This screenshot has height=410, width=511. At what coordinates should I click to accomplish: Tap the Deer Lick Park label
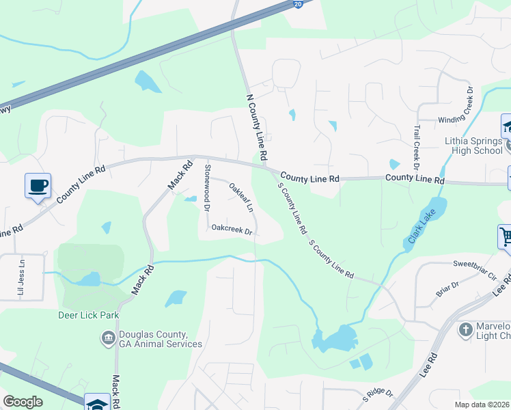tap(89, 315)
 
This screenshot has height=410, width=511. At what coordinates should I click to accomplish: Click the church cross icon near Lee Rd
tap(465, 330)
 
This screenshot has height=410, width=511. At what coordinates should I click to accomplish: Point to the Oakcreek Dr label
tap(232, 230)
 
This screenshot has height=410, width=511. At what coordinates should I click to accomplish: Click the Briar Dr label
tap(447, 288)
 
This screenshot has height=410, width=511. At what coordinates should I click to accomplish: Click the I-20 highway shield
tap(299, 4)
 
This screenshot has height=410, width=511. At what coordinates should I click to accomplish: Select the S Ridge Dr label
tap(378, 393)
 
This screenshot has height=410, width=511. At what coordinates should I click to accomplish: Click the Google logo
tap(23, 402)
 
